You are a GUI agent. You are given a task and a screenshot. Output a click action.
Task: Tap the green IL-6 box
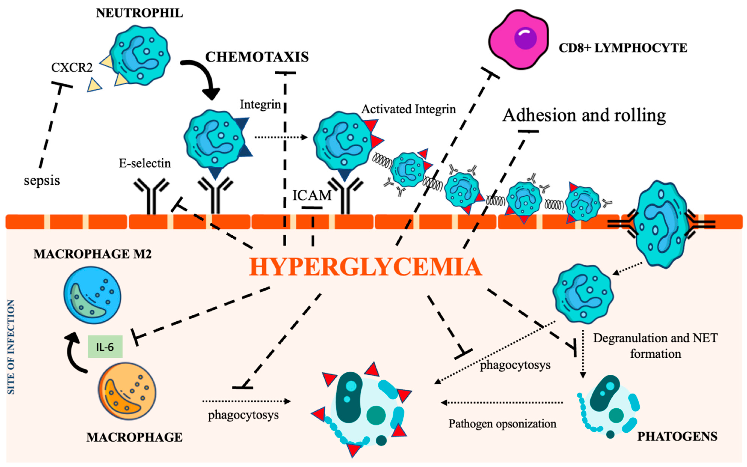tap(105, 347)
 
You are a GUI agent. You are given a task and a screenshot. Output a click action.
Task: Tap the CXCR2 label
tap(72, 67)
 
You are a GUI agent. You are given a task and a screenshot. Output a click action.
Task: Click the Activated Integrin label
tap(408, 109)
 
